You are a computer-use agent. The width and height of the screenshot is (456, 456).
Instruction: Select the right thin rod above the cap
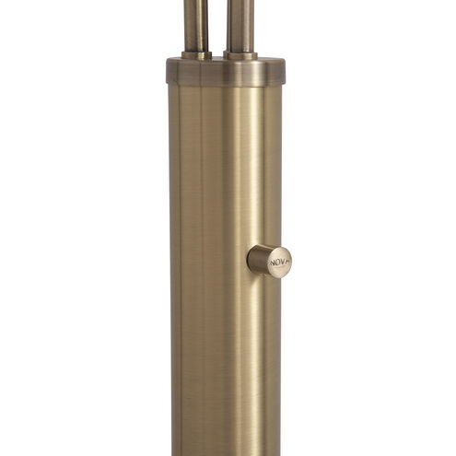(x=241, y=23)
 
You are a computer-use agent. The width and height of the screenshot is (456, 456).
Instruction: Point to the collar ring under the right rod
(x=241, y=55)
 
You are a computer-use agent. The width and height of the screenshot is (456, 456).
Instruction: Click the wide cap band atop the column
(x=226, y=72)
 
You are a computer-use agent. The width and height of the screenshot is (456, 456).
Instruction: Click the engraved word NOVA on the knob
(x=280, y=263)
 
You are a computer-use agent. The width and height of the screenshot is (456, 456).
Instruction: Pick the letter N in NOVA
(x=273, y=263)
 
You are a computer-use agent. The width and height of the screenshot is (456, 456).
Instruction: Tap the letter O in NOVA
(x=277, y=263)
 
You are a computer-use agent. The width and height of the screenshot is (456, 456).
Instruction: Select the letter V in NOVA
(x=283, y=263)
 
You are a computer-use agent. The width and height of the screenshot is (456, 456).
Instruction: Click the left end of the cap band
(x=170, y=72)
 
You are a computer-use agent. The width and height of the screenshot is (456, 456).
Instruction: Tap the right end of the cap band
(x=282, y=72)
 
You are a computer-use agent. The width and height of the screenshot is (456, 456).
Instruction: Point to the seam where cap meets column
(x=226, y=86)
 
